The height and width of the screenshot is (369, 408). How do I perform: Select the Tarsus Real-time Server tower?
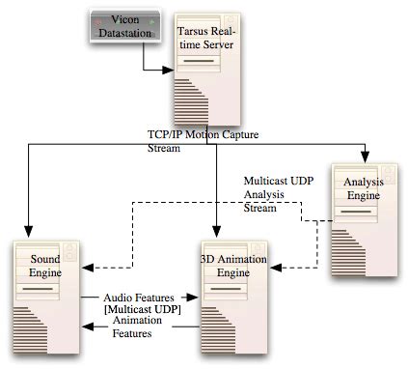(205, 68)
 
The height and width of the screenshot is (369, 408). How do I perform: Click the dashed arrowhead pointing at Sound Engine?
(88, 263)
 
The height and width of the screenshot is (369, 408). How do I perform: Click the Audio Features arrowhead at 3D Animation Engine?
(195, 298)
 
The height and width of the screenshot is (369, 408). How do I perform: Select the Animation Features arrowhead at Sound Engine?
(88, 329)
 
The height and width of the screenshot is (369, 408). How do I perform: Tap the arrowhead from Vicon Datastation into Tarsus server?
(171, 70)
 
